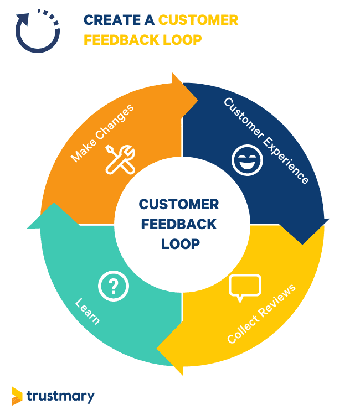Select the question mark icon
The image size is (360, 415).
(113, 286)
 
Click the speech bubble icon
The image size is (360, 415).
(244, 287)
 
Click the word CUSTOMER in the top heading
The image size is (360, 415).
(198, 20)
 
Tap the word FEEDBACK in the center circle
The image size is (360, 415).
(179, 224)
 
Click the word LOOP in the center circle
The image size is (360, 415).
(180, 243)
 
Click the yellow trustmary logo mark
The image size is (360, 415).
(17, 395)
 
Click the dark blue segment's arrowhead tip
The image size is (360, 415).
(302, 243)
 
